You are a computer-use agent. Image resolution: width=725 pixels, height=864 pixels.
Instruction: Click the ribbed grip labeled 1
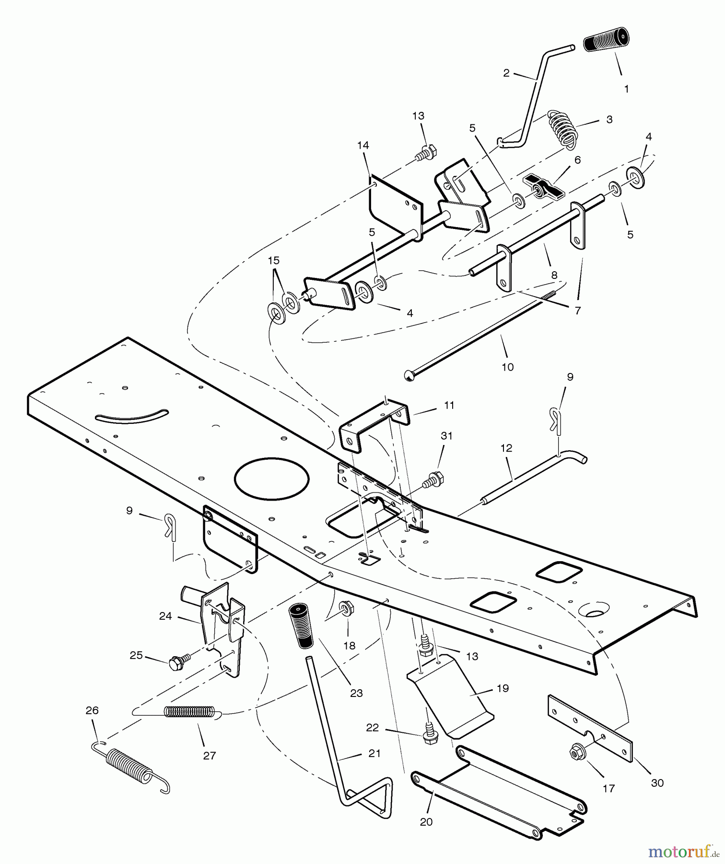pos(606,40)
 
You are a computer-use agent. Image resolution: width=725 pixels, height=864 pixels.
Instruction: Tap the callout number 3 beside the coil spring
pos(609,120)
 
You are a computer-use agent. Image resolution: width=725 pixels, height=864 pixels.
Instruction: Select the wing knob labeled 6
pos(543,186)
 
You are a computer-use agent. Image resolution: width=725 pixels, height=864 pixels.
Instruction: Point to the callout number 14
pos(363,145)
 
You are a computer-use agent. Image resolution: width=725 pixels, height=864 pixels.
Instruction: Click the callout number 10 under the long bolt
pos(507,367)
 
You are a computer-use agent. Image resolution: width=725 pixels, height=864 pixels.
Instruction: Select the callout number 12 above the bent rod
pos(506,448)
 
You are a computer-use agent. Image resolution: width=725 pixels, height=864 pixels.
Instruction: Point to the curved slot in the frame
pos(132,417)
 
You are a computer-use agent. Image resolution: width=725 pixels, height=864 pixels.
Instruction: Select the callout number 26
pos(92,710)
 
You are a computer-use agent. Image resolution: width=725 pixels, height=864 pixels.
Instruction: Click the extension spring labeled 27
pos(189,712)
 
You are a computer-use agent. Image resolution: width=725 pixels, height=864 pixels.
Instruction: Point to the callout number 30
pos(657,782)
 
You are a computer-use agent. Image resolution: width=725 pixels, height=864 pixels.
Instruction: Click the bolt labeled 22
pos(430,737)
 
